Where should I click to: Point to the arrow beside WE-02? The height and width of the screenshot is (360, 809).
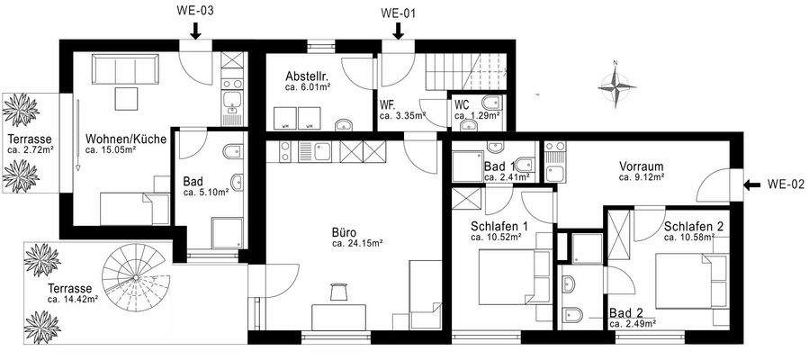750,187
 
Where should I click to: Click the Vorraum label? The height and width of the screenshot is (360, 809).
641,166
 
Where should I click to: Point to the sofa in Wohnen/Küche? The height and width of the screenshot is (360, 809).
126,68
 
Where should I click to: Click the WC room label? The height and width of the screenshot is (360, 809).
462,104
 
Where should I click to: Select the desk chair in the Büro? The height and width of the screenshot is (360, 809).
339,292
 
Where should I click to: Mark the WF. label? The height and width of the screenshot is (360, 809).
387,104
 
